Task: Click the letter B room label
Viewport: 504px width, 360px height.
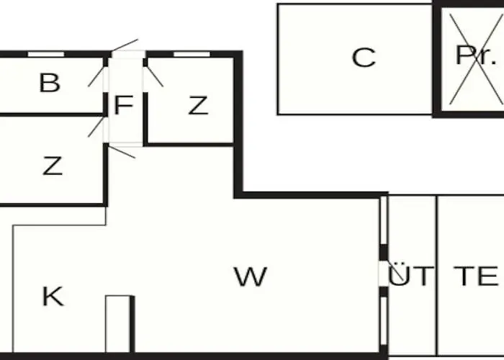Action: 49,84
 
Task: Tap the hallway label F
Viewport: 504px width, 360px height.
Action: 124,106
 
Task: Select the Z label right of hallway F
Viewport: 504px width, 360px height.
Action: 198,106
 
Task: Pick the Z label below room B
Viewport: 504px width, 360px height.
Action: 52,166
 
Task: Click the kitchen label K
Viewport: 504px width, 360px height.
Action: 52,296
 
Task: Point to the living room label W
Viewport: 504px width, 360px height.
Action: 250,276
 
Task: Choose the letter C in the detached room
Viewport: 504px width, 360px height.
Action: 364,58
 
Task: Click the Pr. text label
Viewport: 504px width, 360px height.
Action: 475,55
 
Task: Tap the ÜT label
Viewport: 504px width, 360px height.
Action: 411,276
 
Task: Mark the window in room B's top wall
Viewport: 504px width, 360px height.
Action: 45,54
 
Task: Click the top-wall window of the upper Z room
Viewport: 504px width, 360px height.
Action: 192,54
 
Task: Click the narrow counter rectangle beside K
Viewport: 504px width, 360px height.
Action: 118,323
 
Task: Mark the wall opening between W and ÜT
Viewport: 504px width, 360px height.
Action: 383,274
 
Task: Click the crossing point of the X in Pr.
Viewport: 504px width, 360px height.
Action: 472,58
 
